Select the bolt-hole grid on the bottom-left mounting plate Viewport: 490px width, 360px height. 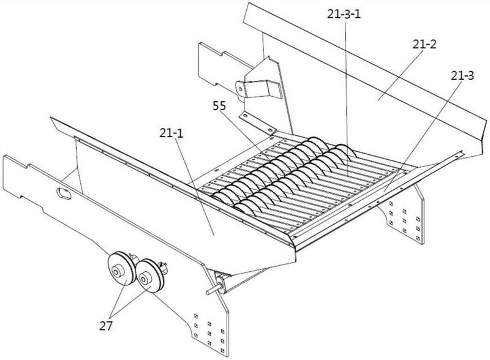202,329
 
